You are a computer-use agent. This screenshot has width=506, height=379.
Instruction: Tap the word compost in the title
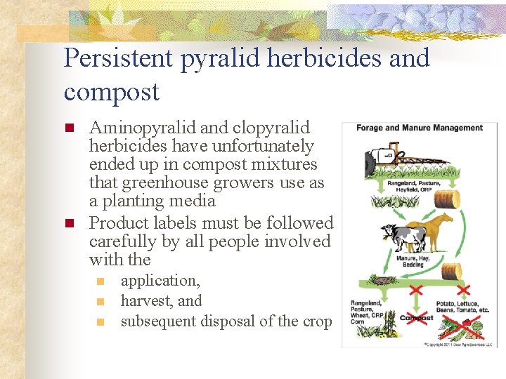111,92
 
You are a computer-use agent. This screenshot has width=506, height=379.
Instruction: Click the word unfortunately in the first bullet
264,146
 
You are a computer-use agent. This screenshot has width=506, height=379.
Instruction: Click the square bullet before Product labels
70,224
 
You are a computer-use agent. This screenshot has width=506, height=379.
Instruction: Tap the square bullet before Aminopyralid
70,128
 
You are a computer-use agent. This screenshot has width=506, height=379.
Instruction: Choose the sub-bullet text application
160,281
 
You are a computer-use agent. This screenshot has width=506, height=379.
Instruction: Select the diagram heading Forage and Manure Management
420,128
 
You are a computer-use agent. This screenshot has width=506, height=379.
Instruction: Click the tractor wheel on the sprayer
370,165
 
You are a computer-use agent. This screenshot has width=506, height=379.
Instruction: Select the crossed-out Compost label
417,318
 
